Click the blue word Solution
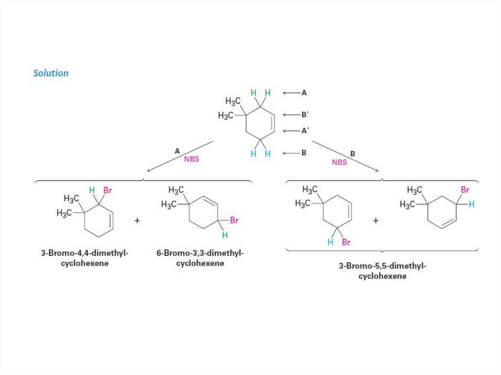51,73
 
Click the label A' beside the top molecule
304,131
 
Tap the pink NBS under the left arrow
192,159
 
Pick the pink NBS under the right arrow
339,162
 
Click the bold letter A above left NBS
177,152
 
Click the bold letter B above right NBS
353,154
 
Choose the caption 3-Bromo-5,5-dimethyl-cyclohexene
382,271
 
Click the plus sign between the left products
137,221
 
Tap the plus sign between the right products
376,221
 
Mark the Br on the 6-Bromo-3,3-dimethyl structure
234,221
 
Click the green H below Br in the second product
225,236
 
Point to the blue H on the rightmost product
471,204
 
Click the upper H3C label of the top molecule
233,101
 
